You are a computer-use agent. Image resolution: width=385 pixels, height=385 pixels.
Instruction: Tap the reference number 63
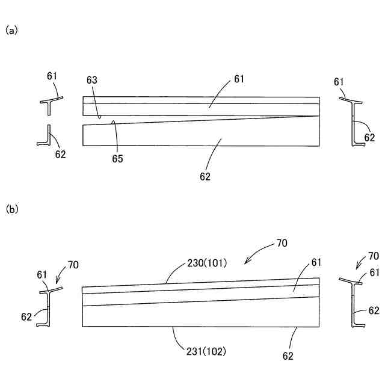click(92, 80)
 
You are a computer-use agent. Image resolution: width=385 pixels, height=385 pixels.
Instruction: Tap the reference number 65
click(117, 159)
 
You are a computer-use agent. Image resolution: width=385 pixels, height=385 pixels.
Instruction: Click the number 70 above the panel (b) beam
click(282, 244)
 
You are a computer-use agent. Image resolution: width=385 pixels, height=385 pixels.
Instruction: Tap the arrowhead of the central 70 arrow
click(245, 263)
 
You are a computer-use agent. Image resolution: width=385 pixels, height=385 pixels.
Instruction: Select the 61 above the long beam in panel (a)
click(239, 79)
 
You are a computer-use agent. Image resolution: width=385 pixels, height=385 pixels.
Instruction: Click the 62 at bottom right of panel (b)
click(288, 356)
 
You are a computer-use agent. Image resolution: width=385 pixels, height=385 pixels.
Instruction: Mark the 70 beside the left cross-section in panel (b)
click(73, 264)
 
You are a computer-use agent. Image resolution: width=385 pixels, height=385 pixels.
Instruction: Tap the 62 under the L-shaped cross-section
click(60, 154)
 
